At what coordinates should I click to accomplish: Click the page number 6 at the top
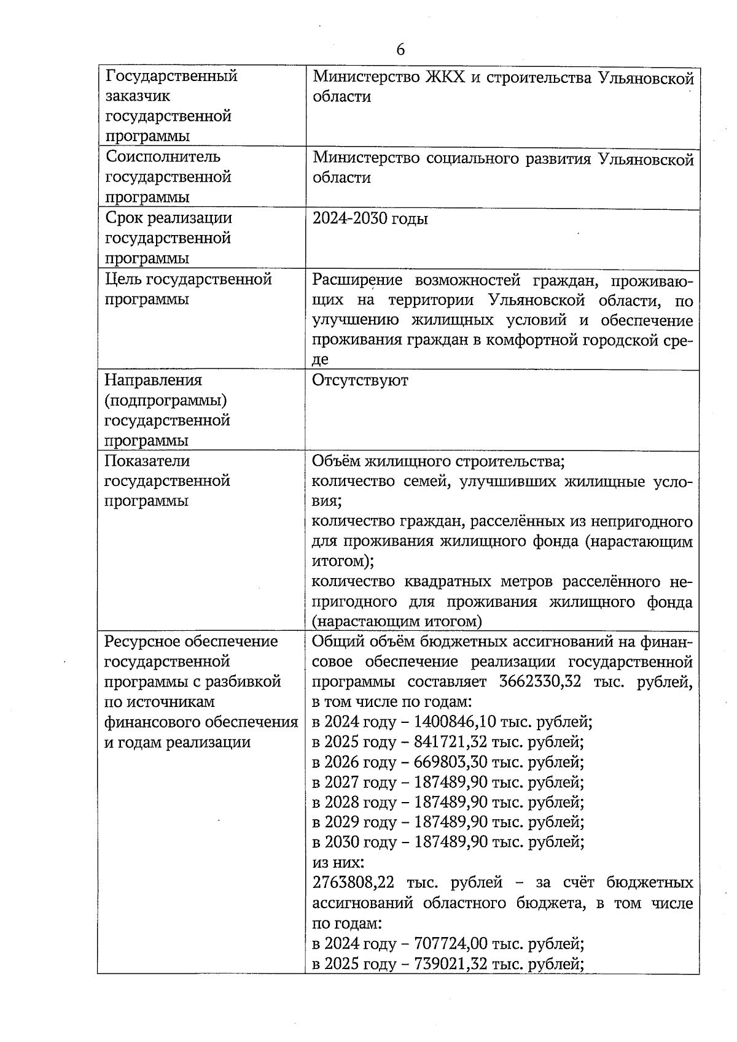pyautogui.click(x=400, y=50)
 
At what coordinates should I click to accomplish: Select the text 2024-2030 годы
pyautogui.click(x=370, y=219)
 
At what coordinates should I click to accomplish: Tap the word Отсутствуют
pyautogui.click(x=360, y=380)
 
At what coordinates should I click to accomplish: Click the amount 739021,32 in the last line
pyautogui.click(x=451, y=964)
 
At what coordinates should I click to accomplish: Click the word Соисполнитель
pyautogui.click(x=163, y=156)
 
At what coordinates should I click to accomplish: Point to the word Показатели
pyautogui.click(x=147, y=461)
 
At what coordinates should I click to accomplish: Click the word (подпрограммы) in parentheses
pyautogui.click(x=166, y=401)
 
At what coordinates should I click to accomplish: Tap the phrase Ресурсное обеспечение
pyautogui.click(x=191, y=642)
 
